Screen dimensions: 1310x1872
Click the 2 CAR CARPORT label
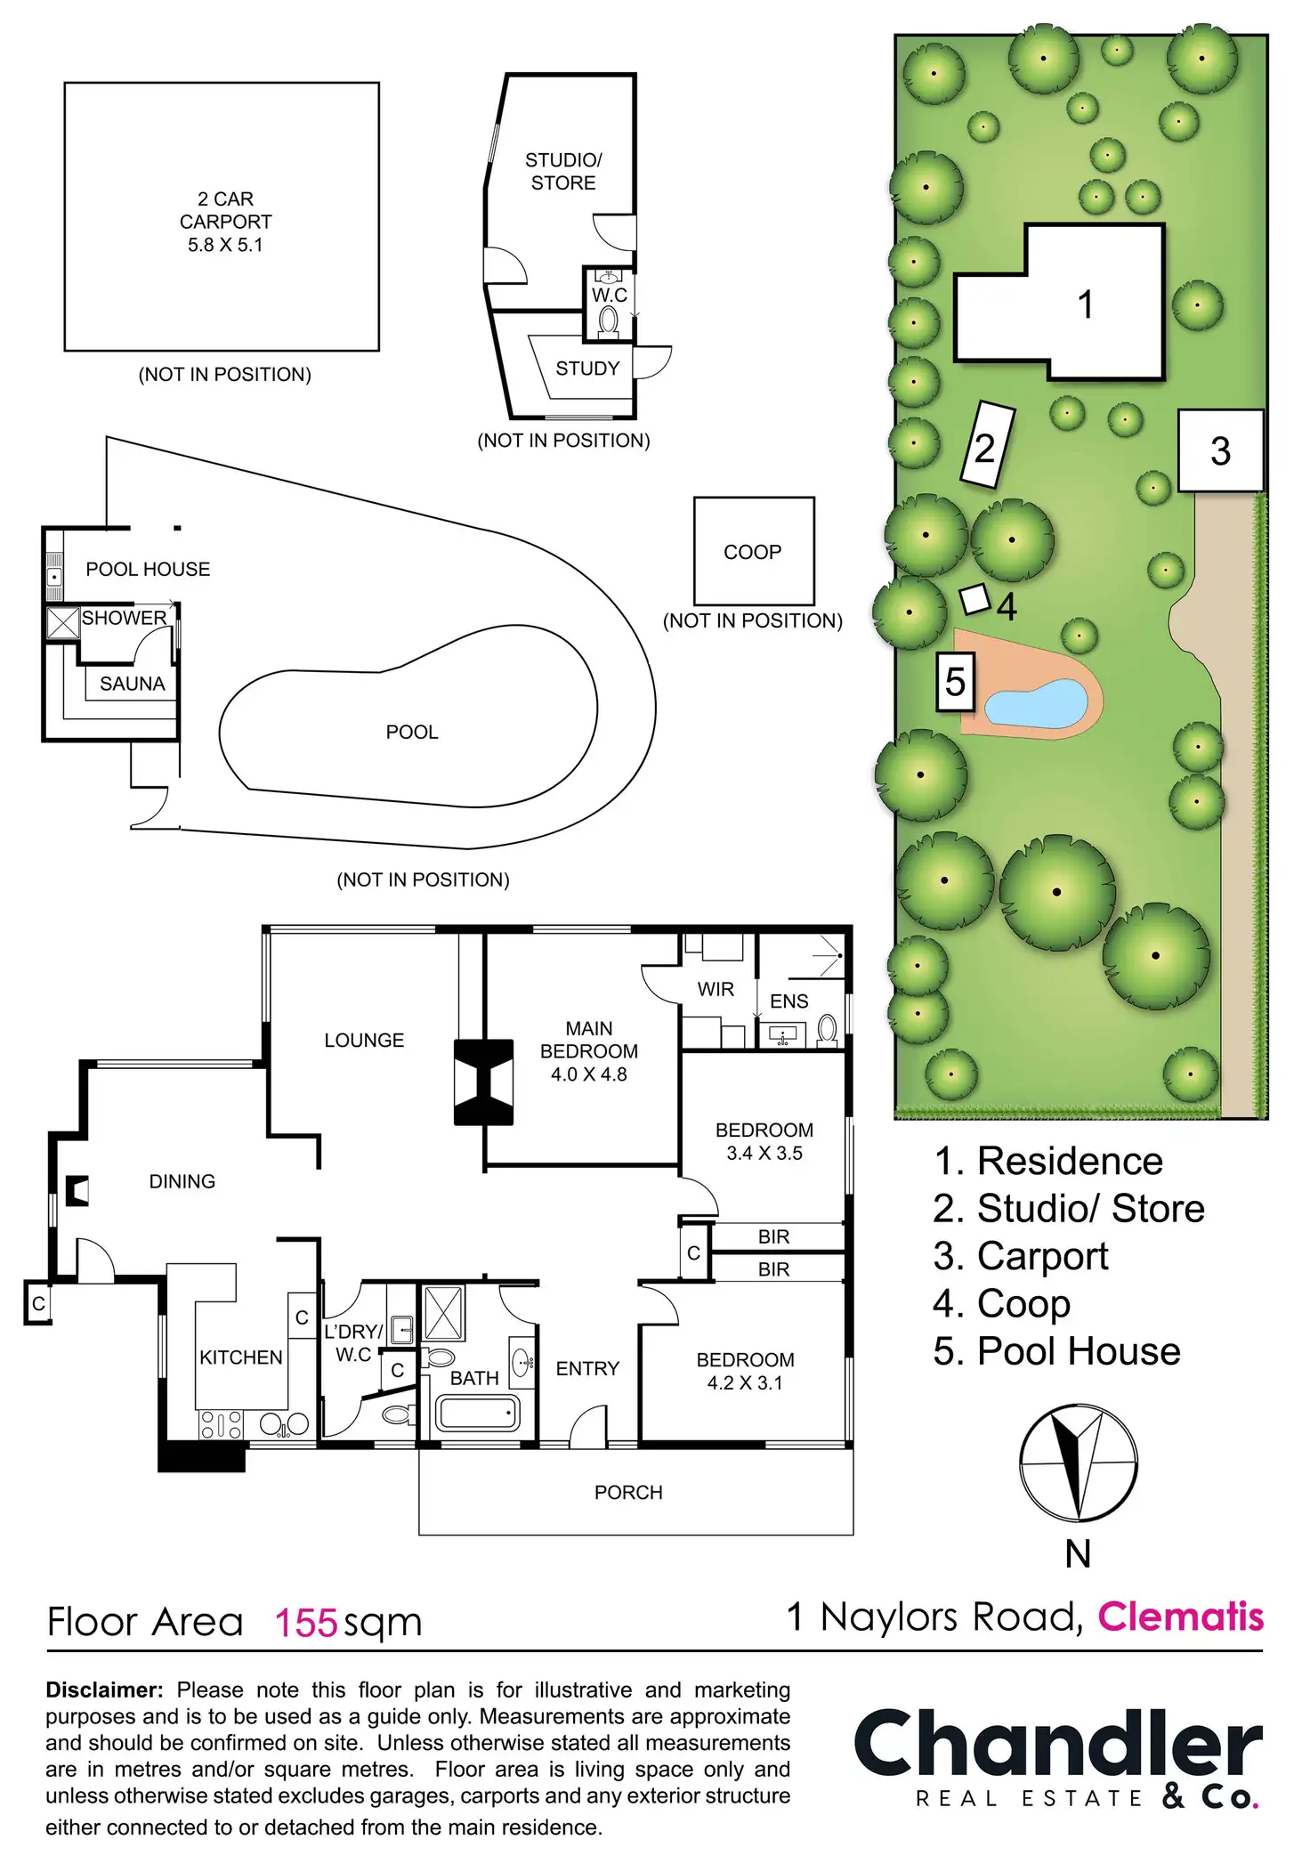click(x=225, y=222)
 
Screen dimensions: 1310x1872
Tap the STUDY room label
click(x=587, y=369)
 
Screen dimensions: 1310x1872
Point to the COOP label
click(x=753, y=552)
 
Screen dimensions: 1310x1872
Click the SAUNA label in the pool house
click(x=133, y=684)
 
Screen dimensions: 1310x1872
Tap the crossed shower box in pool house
click(x=63, y=623)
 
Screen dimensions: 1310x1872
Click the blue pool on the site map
click(x=1037, y=703)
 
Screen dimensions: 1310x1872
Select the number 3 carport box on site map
click(x=1221, y=450)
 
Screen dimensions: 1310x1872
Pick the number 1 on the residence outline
click(x=1085, y=304)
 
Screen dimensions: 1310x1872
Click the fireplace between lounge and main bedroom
click(x=483, y=1082)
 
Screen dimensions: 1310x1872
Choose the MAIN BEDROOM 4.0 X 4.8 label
click(x=589, y=1051)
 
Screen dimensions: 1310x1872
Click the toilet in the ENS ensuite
click(x=827, y=1030)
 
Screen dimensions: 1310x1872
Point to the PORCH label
click(x=628, y=1493)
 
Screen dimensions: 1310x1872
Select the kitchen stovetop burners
click(x=221, y=1425)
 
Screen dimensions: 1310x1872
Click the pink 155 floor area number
click(x=306, y=1623)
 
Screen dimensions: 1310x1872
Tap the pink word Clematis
click(x=1180, y=1617)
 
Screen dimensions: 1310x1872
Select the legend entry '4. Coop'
click(x=1001, y=1304)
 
